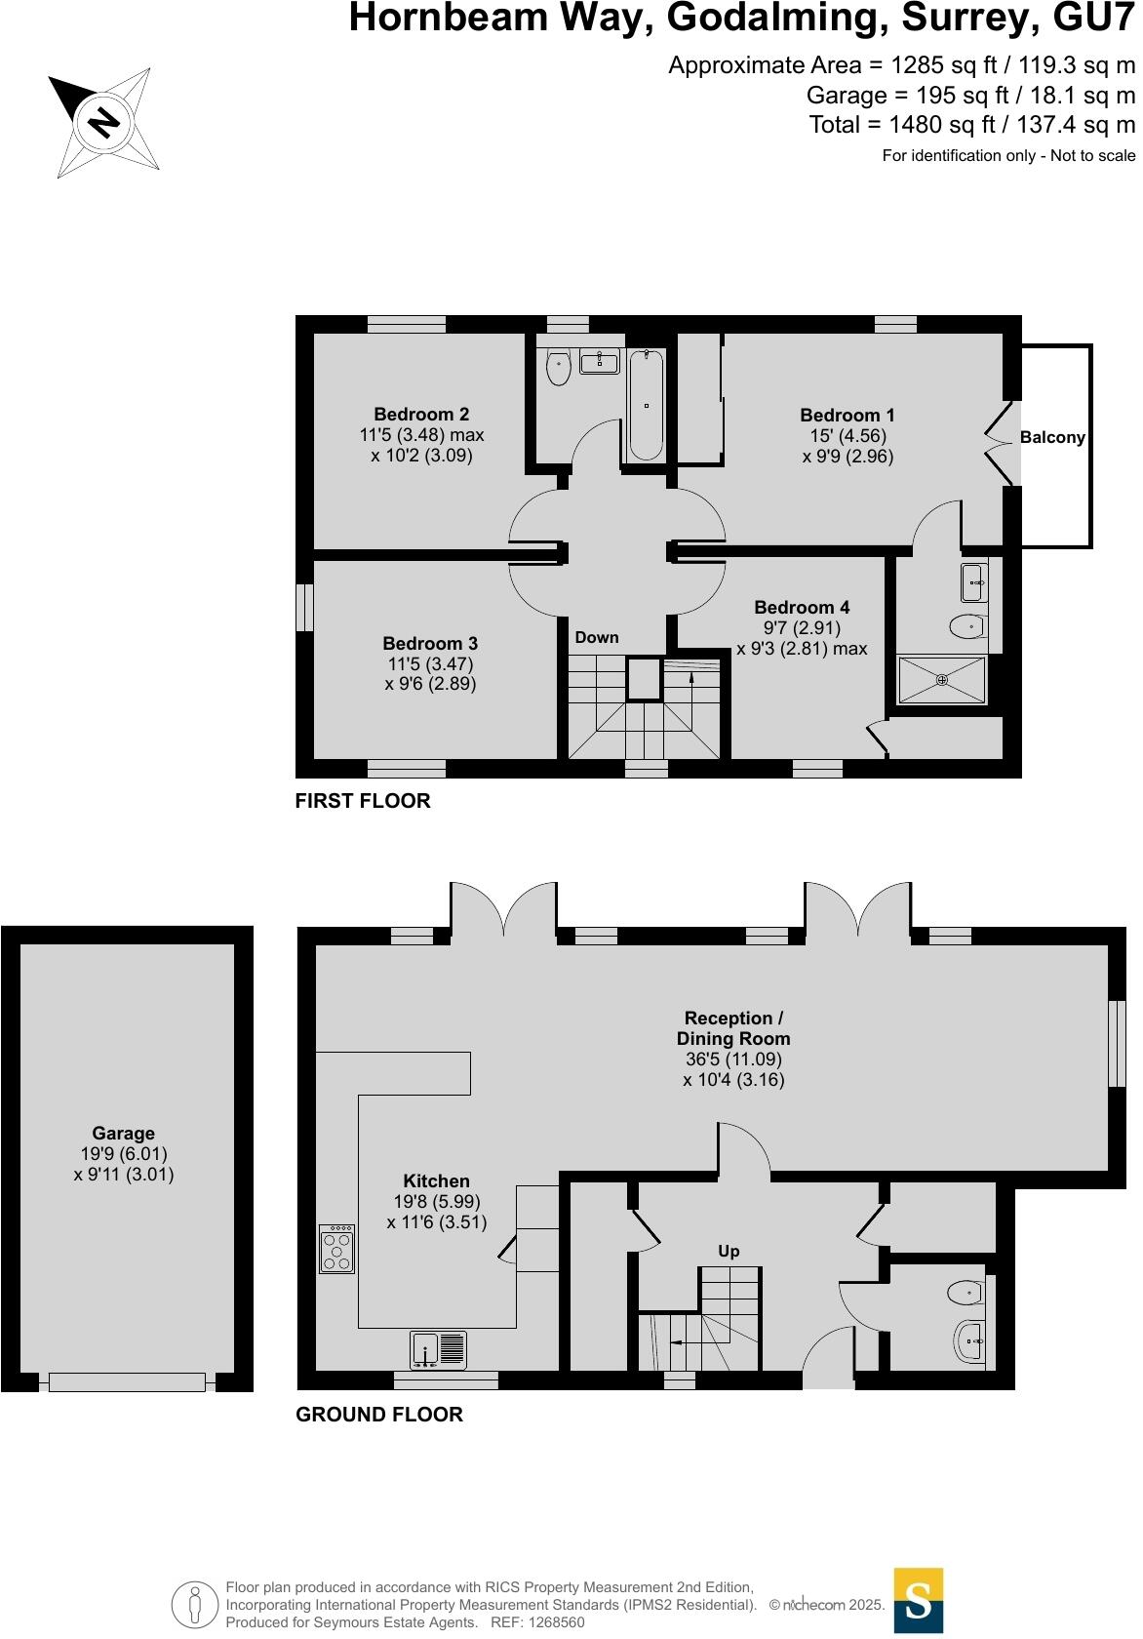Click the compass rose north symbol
point(103,123)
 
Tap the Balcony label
point(1052,438)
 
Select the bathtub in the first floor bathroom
point(646,406)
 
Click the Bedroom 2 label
point(421,415)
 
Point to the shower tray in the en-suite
point(941,680)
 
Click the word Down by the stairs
point(597,638)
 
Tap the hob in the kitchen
point(336,1249)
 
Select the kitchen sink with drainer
point(439,1348)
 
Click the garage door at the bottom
point(127,1381)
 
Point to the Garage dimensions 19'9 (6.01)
point(123,1154)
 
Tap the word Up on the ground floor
point(729,1252)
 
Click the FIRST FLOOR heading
point(363,801)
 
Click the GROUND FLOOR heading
point(378,1415)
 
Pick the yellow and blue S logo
point(919,1600)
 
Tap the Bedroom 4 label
point(802,608)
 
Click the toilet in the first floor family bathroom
point(558,367)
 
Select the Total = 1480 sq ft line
point(971,125)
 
